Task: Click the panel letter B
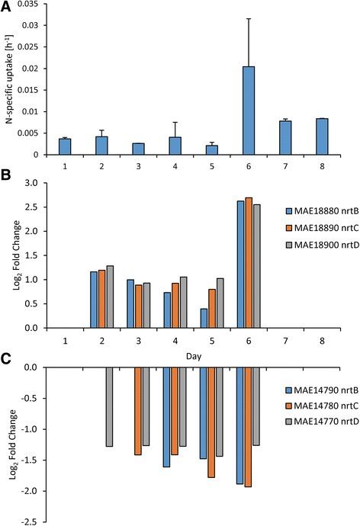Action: point(5,179)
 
